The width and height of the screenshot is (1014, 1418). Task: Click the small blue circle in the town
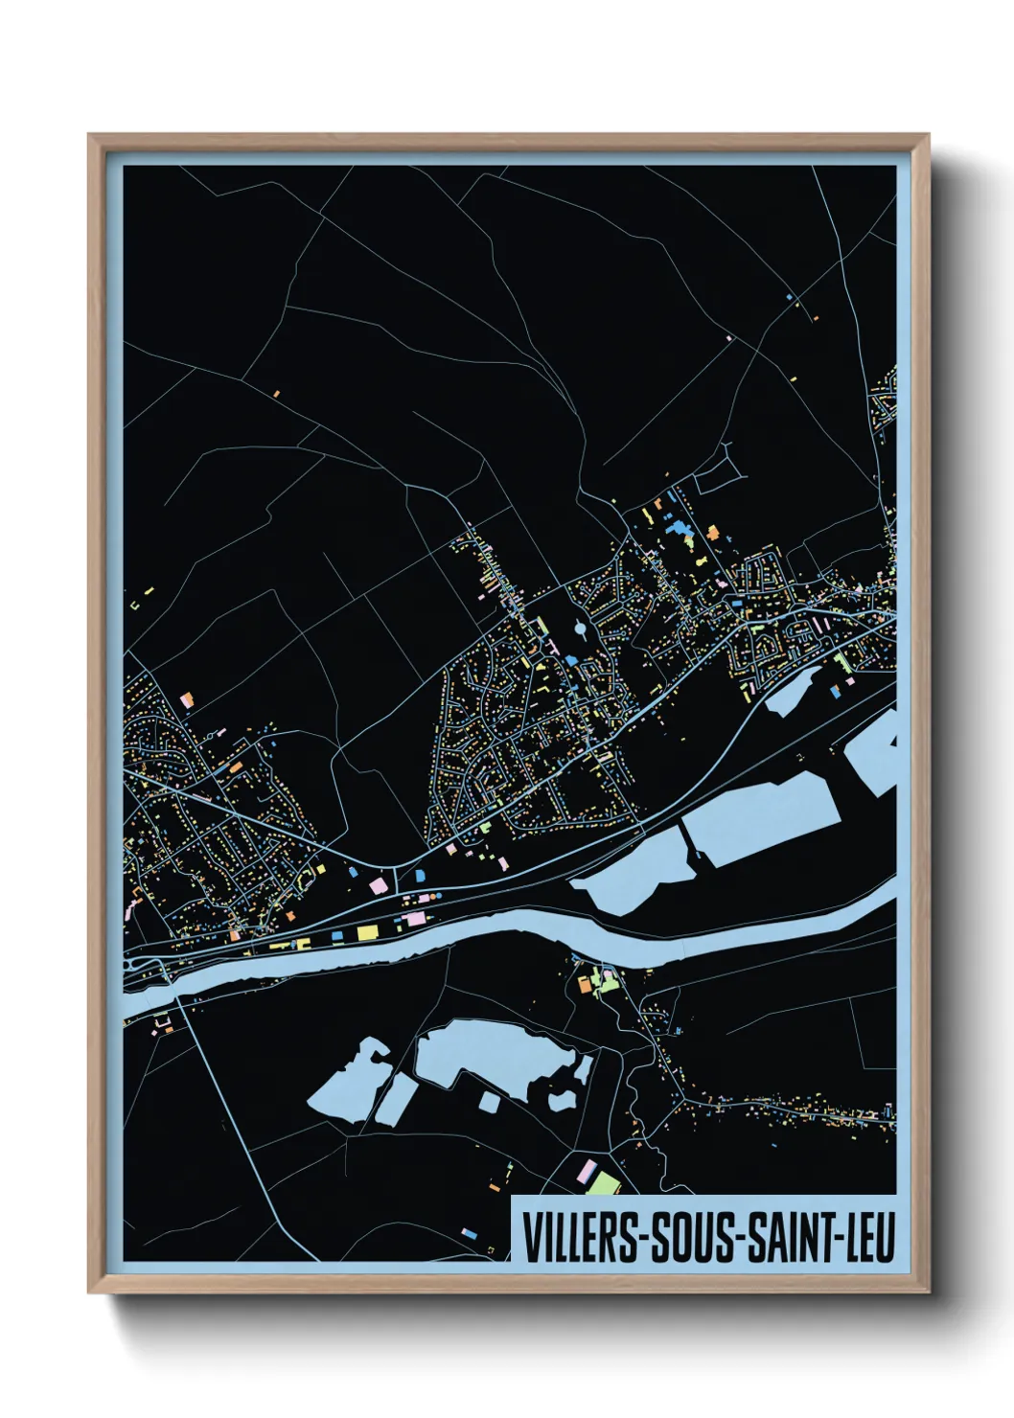click(581, 629)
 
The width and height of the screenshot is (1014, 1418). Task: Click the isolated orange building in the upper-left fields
click(276, 393)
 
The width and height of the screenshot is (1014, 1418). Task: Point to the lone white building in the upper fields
click(728, 338)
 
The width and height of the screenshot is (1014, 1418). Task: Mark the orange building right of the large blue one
click(712, 533)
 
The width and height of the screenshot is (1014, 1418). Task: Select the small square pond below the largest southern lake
click(488, 1102)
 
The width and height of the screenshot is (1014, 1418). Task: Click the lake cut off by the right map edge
click(874, 757)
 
